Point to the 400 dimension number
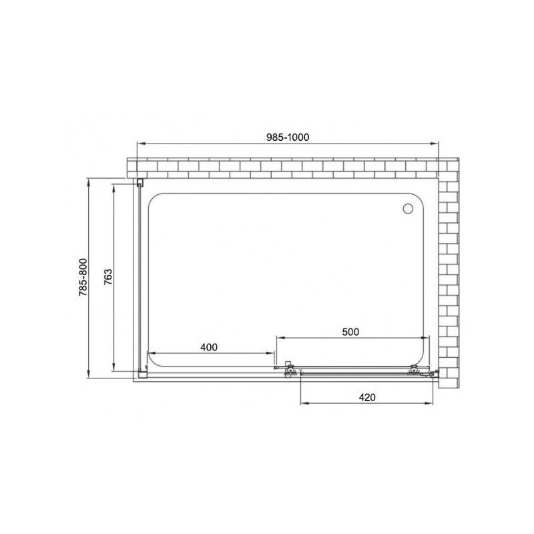tap(210, 346)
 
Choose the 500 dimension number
tap(350, 331)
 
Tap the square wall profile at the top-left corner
tap(140, 182)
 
